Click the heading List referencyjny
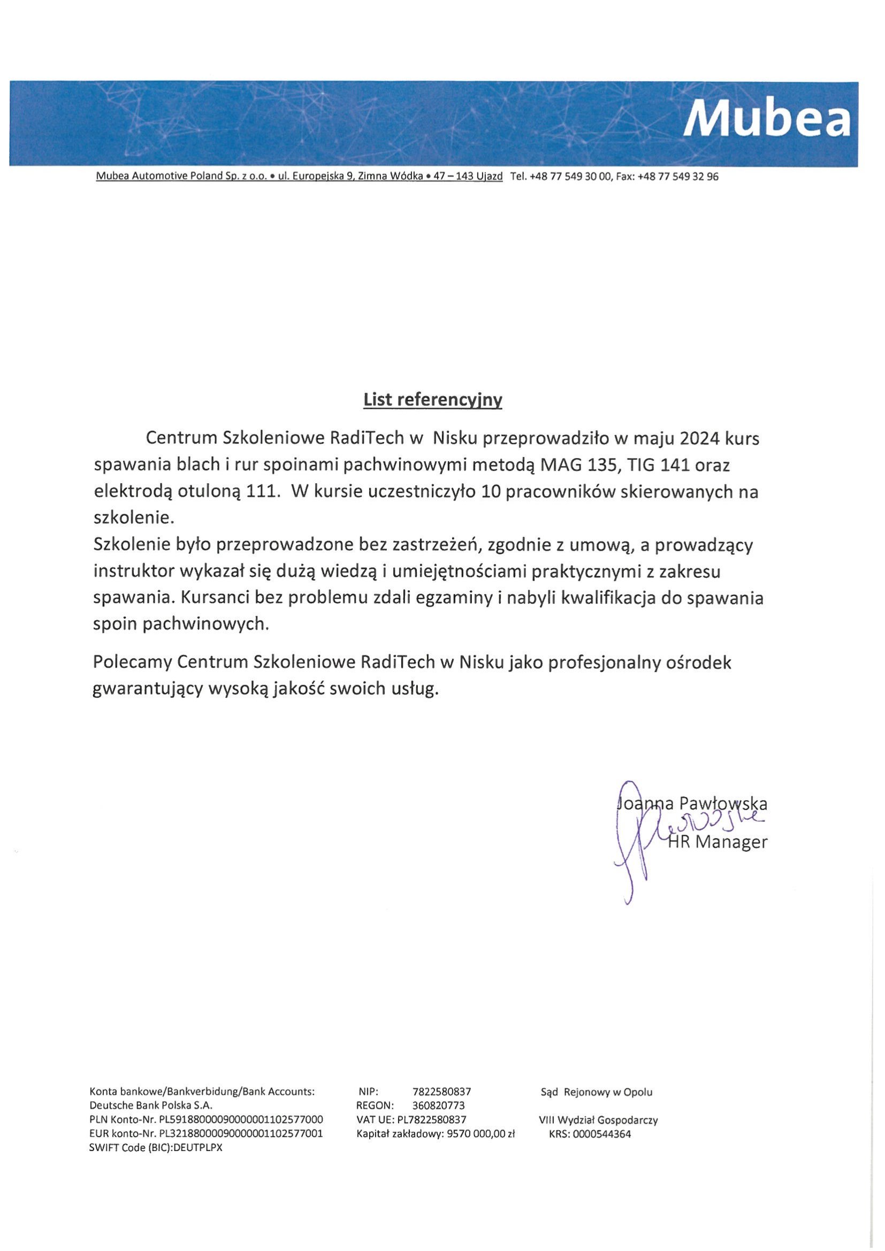click(x=433, y=400)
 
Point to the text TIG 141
click(x=659, y=466)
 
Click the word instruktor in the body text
click(x=134, y=571)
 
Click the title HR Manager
click(x=717, y=842)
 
